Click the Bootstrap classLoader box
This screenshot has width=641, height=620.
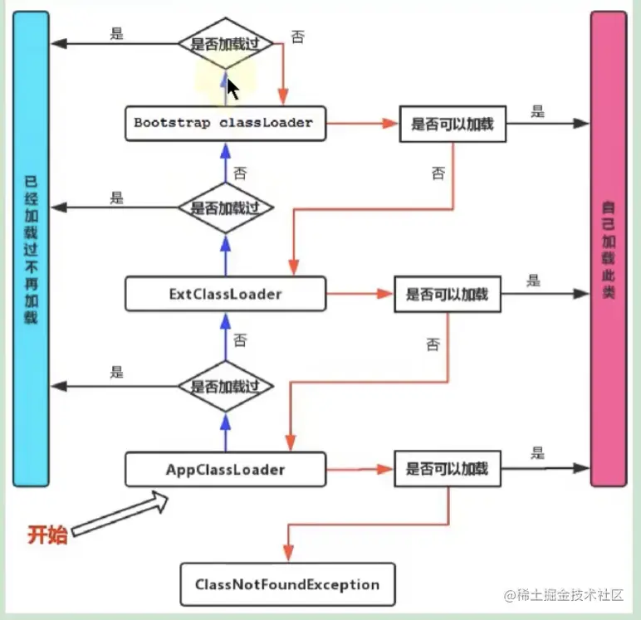coord(225,124)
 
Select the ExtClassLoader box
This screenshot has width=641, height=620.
coord(225,294)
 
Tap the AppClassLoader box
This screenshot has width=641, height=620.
coord(225,469)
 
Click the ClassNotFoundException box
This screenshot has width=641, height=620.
coord(287,584)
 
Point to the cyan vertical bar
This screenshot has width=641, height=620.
coord(31,249)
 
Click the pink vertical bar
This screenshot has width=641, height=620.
coord(609,249)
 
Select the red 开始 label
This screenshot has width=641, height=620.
coord(47,535)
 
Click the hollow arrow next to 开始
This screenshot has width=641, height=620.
coord(120,513)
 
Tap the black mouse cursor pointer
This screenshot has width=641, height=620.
coord(232,89)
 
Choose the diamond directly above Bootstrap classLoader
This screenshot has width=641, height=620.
coord(226,43)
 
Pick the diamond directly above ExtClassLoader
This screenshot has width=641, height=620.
coord(226,207)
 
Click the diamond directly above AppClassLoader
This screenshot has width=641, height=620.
coord(226,386)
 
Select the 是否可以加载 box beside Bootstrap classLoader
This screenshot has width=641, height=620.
coord(453,124)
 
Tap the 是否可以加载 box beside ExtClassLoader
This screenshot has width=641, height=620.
coord(448,295)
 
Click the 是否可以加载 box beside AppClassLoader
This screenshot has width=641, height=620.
coord(448,469)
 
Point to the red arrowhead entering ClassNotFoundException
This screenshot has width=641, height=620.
coord(289,553)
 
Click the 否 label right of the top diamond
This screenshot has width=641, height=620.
coord(297,37)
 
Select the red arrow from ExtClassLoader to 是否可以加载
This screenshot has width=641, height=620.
coord(360,294)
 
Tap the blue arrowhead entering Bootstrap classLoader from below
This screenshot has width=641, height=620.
coord(226,150)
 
